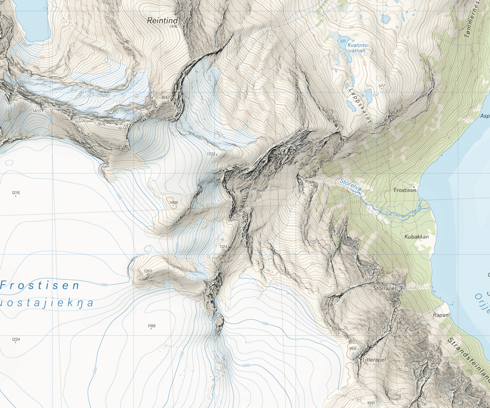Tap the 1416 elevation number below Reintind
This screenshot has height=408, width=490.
tap(174, 27)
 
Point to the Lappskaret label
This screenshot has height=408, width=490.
tap(359, 105)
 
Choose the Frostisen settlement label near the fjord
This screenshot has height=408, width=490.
tap(405, 190)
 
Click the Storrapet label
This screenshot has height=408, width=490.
tap(385, 288)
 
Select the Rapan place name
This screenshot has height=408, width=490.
tap(441, 315)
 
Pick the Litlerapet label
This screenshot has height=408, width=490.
tap(374, 360)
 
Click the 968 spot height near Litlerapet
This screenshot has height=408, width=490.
tap(353, 349)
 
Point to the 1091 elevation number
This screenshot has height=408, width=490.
tap(371, 403)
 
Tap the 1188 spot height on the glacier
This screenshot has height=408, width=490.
tap(151, 326)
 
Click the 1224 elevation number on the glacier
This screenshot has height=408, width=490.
tap(16, 339)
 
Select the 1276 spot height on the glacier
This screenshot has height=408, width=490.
tap(16, 193)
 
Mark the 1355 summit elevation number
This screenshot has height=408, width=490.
tap(148, 271)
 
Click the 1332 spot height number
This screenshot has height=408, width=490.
tap(211, 154)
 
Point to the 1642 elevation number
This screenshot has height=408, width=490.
tap(165, 98)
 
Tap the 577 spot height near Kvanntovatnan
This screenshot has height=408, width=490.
tap(382, 86)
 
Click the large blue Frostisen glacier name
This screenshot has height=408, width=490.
tap(40, 285)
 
